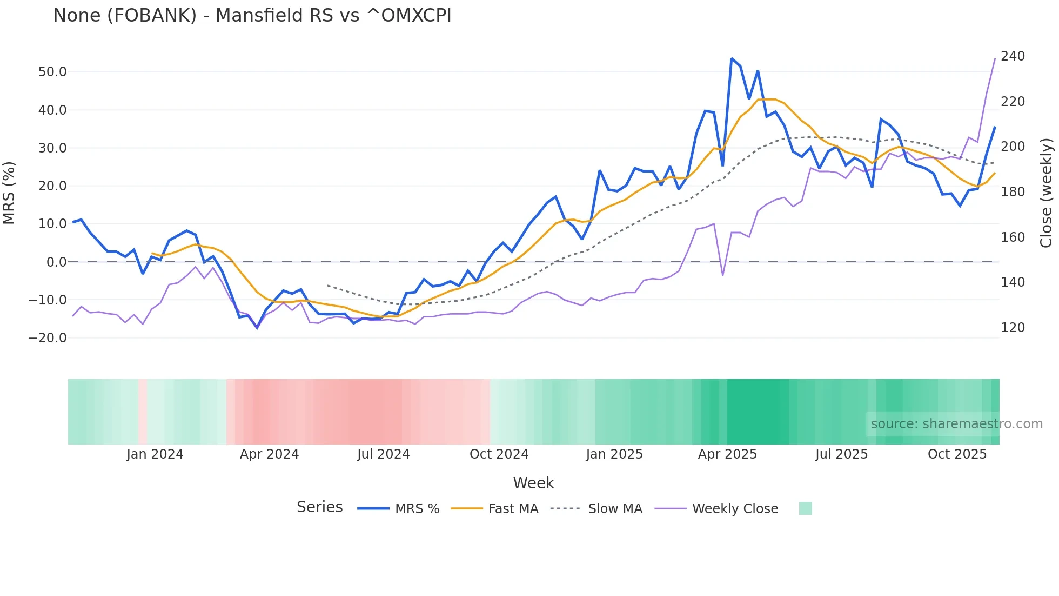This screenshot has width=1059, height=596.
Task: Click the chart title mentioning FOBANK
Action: [x=252, y=16]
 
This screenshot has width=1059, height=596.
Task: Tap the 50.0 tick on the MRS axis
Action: [x=52, y=72]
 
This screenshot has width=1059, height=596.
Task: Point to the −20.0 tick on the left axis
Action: [x=48, y=338]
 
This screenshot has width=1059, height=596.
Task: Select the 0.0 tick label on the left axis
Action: [x=57, y=262]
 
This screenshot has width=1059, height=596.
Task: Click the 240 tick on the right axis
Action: [x=1013, y=56]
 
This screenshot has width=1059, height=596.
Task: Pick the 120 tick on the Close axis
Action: [x=1013, y=328]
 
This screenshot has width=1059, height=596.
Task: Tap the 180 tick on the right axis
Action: [x=1013, y=192]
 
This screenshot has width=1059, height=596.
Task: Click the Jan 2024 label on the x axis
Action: [x=155, y=454]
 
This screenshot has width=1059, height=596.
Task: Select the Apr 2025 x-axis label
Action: [x=727, y=454]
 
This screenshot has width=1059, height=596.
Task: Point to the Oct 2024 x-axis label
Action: [x=499, y=454]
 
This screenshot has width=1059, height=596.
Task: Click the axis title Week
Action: [x=533, y=483]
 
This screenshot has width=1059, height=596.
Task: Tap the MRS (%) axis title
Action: [x=9, y=193]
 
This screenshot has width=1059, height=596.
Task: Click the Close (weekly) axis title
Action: [x=1047, y=193]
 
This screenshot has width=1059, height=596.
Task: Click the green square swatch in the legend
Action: [x=805, y=508]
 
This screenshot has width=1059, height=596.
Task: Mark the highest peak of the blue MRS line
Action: [x=732, y=58]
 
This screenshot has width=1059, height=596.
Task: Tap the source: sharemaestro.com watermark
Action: [x=956, y=424]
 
